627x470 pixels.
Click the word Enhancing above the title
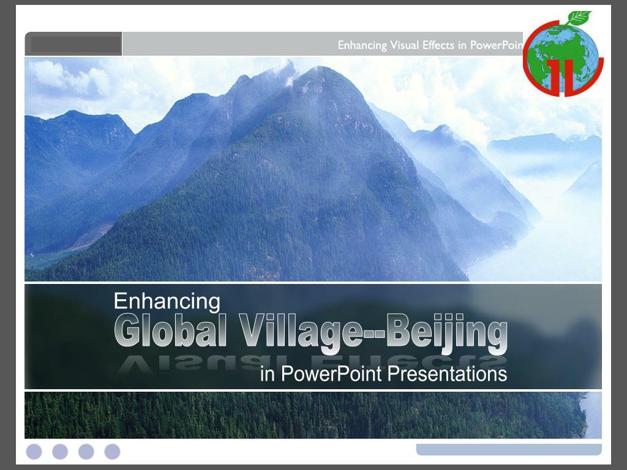(x=167, y=301)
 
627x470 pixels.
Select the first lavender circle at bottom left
(x=34, y=452)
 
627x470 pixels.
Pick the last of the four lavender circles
(x=112, y=452)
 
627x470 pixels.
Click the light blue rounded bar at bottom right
(x=508, y=449)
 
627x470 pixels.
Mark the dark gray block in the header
(x=75, y=44)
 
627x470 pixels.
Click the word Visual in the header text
(x=405, y=45)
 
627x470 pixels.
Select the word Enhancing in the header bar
(x=362, y=45)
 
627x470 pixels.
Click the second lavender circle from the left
(x=60, y=452)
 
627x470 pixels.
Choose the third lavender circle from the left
(x=86, y=452)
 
